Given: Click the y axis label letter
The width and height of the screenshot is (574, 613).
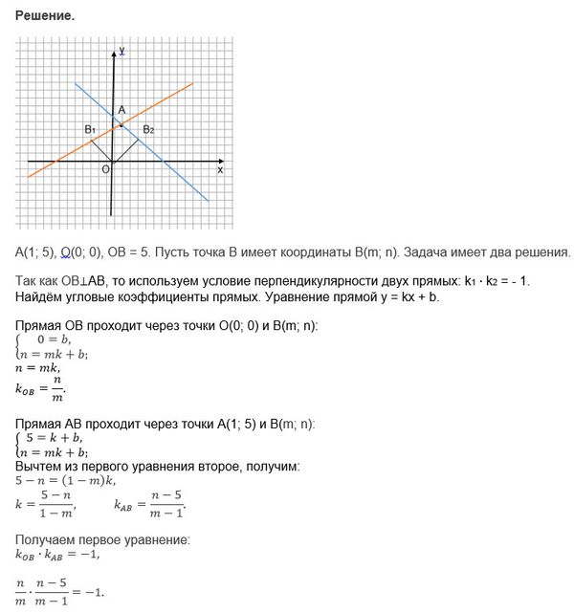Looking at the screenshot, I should pos(122,50).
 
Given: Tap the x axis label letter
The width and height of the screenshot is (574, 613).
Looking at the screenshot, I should pos(220,170).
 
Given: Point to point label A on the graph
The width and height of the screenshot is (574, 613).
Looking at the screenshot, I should pos(121,111).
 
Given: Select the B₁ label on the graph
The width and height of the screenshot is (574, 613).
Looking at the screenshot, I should pos(89,129).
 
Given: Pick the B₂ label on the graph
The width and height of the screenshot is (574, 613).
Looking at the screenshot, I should pos(148,129).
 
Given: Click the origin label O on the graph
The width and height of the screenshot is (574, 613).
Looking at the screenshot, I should pos(105,169).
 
